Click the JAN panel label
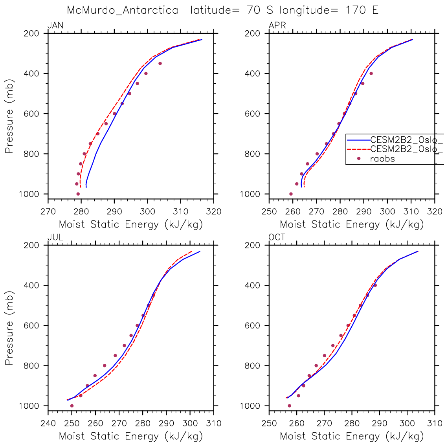(55, 26)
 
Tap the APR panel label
(277, 26)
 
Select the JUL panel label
(55, 237)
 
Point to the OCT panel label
(277, 237)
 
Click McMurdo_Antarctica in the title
(123, 10)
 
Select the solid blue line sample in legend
(358, 139)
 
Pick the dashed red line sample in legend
(358, 149)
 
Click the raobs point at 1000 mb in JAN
(78, 194)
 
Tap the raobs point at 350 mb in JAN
(160, 63)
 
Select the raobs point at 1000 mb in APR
(291, 194)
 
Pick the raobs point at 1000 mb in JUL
(72, 406)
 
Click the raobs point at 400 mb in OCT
(375, 285)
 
